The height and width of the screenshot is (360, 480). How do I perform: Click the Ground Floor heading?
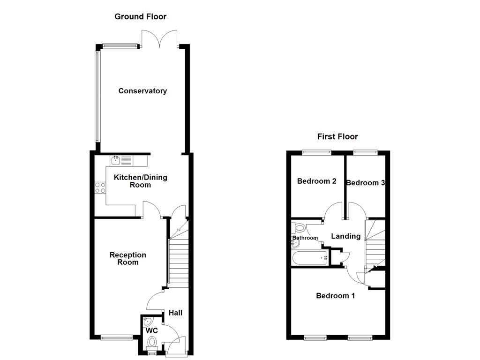[140, 16]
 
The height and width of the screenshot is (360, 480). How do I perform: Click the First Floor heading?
[337, 136]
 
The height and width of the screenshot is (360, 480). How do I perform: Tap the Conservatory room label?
[142, 91]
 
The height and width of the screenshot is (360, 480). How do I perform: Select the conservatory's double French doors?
[160, 38]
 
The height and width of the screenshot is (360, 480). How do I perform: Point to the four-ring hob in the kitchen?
[100, 187]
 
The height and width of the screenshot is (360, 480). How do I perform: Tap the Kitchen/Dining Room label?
[141, 181]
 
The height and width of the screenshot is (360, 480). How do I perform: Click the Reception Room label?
[128, 258]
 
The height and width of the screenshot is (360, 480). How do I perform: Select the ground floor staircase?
[178, 262]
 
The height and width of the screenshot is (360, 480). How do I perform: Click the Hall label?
[175, 313]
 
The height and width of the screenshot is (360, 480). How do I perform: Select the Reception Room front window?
[117, 337]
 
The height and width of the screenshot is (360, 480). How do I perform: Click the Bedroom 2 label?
[316, 181]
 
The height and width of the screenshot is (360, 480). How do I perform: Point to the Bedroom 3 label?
[365, 183]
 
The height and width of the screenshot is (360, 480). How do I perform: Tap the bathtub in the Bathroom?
[310, 258]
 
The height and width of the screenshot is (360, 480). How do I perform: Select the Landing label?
[345, 236]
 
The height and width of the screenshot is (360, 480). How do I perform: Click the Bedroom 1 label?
[335, 295]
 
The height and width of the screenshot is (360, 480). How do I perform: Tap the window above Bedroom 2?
[316, 151]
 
